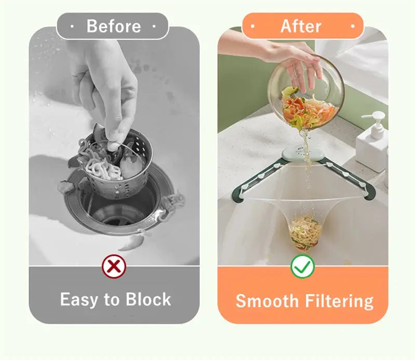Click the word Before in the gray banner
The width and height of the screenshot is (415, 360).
114,26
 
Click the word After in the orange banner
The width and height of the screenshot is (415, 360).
301,26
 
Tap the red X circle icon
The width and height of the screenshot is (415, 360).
114,266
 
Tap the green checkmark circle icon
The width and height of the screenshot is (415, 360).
302,266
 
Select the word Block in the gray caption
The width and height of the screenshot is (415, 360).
148,299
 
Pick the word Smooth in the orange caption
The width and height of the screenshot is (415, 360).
267,301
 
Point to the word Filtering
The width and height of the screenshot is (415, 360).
339,301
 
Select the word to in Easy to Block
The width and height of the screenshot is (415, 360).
112,300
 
